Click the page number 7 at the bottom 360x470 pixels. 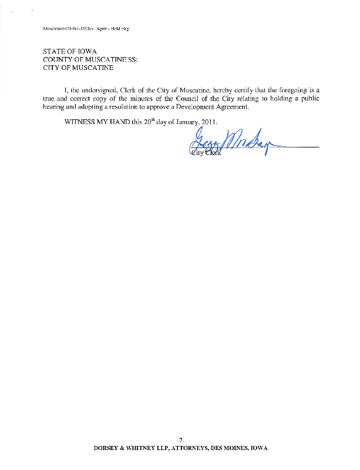(x=181, y=439)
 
